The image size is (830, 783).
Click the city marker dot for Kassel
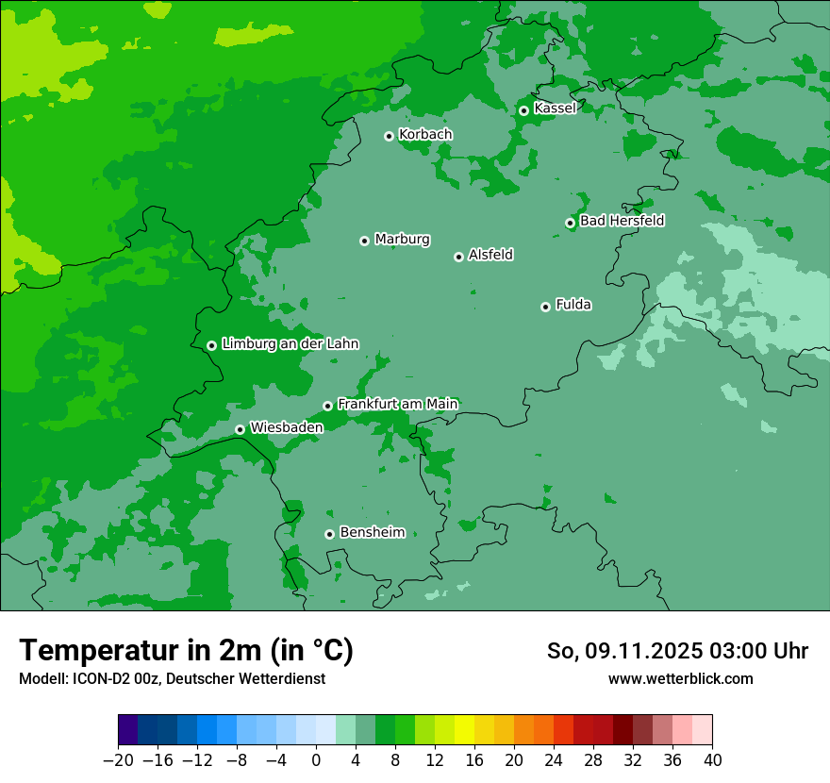523,110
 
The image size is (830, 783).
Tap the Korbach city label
425,134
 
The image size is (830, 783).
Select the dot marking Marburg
364,241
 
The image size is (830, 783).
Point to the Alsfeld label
490,255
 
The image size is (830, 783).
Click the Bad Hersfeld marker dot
570,223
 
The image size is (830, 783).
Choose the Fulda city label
573,305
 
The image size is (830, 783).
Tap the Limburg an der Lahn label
290,343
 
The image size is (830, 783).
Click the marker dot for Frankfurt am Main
327,406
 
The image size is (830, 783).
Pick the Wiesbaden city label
287,427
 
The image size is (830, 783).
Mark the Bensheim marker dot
329,534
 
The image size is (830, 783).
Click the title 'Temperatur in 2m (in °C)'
186,651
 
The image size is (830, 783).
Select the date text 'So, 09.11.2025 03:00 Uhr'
677,651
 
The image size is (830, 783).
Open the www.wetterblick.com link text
680,679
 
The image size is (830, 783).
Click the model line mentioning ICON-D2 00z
172,679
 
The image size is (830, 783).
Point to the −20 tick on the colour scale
118,759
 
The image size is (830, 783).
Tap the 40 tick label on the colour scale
712,759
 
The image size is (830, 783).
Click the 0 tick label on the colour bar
316,759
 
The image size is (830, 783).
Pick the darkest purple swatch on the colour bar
128,730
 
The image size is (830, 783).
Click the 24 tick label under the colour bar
554,759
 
